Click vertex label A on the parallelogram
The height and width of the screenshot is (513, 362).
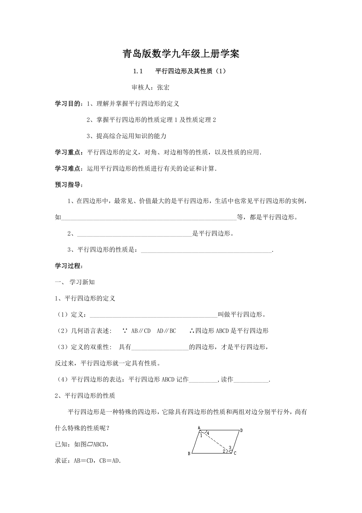pyautogui.click(x=199, y=427)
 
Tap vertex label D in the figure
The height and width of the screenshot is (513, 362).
pyautogui.click(x=241, y=430)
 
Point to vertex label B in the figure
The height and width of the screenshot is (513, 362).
pyautogui.click(x=189, y=454)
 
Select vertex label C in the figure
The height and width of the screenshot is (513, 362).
pyautogui.click(x=235, y=453)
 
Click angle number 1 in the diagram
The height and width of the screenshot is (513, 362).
pyautogui.click(x=201, y=435)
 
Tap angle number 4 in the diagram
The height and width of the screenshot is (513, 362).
pyautogui.click(x=208, y=433)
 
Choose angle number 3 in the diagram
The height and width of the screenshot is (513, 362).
pyautogui.click(x=230, y=447)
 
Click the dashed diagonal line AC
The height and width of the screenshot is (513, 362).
pyautogui.click(x=214, y=441)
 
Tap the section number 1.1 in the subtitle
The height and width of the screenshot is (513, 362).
pyautogui.click(x=137, y=71)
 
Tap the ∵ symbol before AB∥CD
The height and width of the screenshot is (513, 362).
pyautogui.click(x=125, y=331)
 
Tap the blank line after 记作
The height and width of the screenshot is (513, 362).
pyautogui.click(x=203, y=380)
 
